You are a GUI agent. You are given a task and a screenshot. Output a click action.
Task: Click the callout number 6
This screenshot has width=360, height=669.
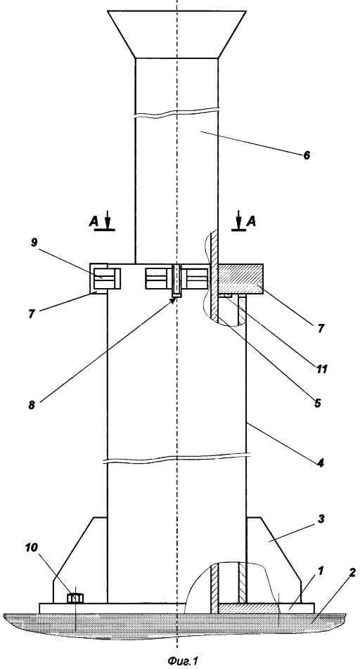tap(307, 155)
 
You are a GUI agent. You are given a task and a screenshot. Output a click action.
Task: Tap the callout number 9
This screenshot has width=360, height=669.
tap(34, 242)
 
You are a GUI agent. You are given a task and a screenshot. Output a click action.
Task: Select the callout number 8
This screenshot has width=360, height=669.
tap(32, 405)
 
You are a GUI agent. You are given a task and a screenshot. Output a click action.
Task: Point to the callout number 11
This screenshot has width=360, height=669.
tap(321, 368)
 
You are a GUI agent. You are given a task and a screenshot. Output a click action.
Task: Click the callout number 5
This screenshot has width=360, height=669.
tap(317, 403)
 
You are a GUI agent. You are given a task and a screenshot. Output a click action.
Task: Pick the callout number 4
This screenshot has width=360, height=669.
tap(320, 462)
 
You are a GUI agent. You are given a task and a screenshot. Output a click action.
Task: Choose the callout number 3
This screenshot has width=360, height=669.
tap(321, 519)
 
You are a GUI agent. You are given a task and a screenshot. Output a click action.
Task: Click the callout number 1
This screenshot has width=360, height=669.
tap(321, 571)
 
